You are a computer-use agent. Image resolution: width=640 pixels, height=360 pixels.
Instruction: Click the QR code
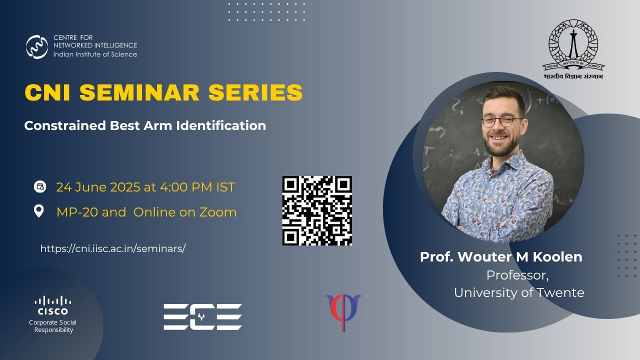coord(317,210)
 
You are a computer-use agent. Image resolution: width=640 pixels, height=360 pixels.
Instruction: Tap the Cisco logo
coord(53,305)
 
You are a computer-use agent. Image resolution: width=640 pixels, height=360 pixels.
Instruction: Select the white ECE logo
coord(202,316)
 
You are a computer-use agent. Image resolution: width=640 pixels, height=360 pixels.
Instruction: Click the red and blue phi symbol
coord(343,312)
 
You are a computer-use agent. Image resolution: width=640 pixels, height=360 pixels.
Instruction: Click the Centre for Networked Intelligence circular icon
coord(37,47)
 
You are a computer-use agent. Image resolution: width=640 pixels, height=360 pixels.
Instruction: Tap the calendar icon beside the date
coord(39,187)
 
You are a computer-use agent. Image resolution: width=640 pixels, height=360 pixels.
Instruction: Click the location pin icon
coord(39,211)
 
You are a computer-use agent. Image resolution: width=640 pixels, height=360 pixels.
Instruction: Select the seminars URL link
coord(112,248)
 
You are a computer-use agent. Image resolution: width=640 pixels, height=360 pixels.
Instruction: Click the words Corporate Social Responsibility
coord(53,326)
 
